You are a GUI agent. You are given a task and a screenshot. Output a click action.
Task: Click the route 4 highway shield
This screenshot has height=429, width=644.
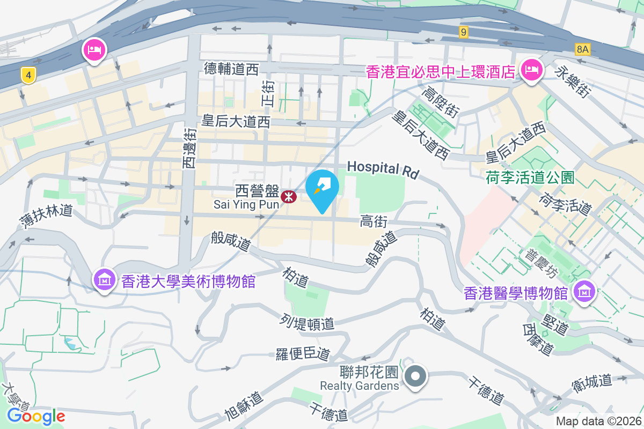(x=28, y=75)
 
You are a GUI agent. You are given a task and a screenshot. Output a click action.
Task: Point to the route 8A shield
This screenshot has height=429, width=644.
(x=582, y=50)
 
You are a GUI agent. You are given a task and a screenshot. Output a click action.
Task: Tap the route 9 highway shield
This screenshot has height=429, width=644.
(x=464, y=33)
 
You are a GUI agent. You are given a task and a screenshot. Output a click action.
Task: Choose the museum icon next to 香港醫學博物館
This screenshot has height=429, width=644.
(x=583, y=292)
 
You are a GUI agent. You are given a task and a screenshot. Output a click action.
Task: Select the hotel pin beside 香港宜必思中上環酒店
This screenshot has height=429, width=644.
(x=532, y=69)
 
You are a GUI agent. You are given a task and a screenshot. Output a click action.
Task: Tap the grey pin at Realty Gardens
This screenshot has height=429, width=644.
(x=415, y=376)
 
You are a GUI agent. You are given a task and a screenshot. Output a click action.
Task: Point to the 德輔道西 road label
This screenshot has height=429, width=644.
(x=231, y=69)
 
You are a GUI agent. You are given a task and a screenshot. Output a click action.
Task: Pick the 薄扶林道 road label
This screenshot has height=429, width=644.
(x=47, y=216)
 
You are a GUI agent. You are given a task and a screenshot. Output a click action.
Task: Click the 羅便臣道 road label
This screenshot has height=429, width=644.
(x=303, y=353)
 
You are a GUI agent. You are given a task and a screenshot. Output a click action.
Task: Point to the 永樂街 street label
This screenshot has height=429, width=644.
(x=574, y=81)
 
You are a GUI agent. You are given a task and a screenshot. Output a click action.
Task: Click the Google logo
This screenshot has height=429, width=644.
(x=36, y=416)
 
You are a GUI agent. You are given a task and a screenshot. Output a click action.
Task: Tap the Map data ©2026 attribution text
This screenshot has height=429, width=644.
(x=598, y=421)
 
